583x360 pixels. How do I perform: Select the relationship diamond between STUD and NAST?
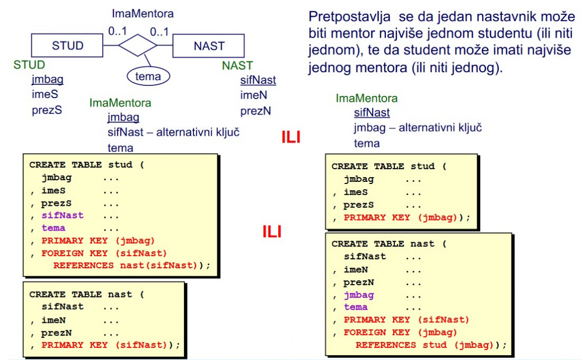click(138, 46)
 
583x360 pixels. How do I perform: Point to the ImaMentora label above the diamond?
click(143, 14)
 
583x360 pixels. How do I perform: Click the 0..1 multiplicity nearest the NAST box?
click(159, 32)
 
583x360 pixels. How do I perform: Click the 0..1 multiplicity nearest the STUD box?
click(118, 31)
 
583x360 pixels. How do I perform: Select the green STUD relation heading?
click(29, 65)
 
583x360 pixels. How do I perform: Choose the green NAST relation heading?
click(237, 65)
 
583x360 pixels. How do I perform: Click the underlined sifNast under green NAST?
click(258, 80)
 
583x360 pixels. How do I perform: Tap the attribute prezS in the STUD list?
click(47, 110)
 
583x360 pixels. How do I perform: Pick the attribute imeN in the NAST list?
click(253, 95)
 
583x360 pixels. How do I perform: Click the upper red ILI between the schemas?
click(291, 137)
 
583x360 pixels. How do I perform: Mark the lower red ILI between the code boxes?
click(272, 232)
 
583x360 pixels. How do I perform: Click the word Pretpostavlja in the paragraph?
click(349, 17)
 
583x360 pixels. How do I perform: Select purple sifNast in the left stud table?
click(63, 215)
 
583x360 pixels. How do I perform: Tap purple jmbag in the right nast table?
click(359, 295)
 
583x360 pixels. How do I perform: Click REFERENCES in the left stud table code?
click(84, 266)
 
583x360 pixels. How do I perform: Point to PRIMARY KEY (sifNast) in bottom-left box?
click(104, 345)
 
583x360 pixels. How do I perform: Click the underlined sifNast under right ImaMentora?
click(372, 113)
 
